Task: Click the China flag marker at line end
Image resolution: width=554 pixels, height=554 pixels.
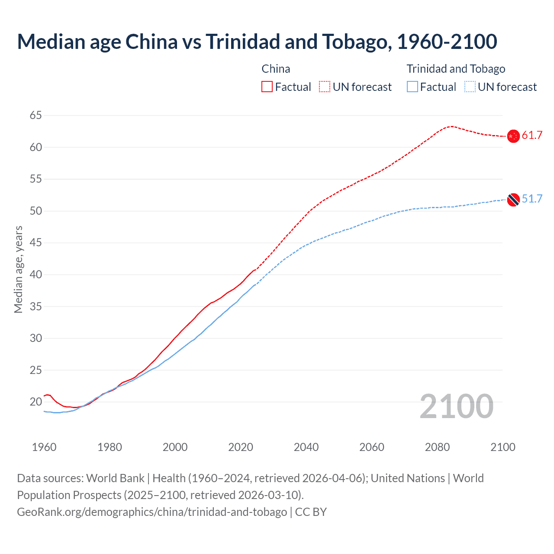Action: [x=513, y=136]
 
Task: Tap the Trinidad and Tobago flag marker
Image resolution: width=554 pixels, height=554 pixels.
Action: [x=513, y=200]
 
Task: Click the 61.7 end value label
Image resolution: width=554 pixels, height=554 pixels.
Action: [x=532, y=135]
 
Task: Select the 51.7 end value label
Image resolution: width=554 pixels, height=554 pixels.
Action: [x=532, y=199]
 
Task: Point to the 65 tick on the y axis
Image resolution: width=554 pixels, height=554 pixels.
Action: [x=36, y=116]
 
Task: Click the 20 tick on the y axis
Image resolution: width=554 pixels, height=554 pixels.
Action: [x=36, y=402]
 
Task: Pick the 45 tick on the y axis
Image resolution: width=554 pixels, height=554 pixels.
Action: [x=36, y=243]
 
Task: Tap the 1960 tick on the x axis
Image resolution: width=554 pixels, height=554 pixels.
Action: [x=44, y=447]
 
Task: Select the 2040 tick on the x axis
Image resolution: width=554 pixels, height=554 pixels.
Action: [x=306, y=447]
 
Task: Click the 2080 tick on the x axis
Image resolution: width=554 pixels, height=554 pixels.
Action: [x=437, y=447]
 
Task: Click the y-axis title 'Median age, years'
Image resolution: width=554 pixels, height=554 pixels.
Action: [x=18, y=269]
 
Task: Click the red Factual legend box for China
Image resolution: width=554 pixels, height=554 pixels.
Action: [x=267, y=87]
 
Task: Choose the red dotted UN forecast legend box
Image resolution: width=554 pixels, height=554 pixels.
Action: [x=325, y=87]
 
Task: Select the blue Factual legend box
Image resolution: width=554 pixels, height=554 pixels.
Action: [x=412, y=87]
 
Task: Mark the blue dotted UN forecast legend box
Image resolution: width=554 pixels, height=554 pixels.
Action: [x=470, y=87]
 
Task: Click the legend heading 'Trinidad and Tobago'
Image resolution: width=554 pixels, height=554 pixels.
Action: [x=456, y=69]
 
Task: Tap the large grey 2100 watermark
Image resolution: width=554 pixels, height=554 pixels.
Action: [x=456, y=406]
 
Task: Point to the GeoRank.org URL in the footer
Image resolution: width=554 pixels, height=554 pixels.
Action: [x=152, y=512]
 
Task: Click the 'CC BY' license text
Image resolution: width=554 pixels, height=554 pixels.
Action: [x=311, y=512]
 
